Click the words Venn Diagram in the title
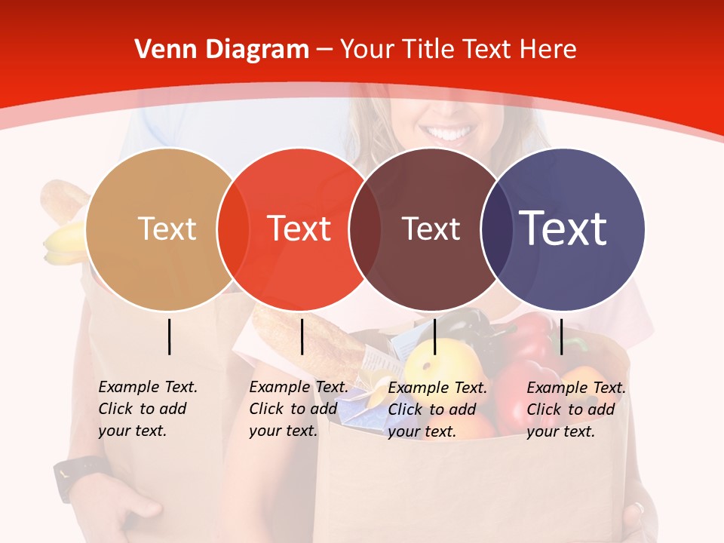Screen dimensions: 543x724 pyautogui.click(x=222, y=50)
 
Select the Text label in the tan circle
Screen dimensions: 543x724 pyautogui.click(x=167, y=229)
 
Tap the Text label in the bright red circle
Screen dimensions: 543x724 pyautogui.click(x=299, y=229)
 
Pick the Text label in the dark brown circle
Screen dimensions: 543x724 pyautogui.click(x=431, y=229)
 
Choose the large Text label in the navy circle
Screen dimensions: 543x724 pyautogui.click(x=563, y=229)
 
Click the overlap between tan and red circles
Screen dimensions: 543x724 pyautogui.click(x=233, y=229)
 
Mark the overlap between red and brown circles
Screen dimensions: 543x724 pyautogui.click(x=364, y=229)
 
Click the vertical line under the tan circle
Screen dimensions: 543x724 pyautogui.click(x=170, y=336)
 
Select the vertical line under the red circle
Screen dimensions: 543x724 pyautogui.click(x=302, y=336)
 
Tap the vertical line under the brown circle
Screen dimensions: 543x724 pyautogui.click(x=434, y=336)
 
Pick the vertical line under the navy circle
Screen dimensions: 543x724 pyautogui.click(x=562, y=336)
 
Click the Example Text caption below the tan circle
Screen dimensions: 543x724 pyautogui.click(x=147, y=409)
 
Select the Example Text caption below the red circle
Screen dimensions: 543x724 pyautogui.click(x=298, y=409)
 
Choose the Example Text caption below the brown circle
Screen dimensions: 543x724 pyautogui.click(x=437, y=410)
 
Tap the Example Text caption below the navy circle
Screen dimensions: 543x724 pyautogui.click(x=575, y=410)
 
